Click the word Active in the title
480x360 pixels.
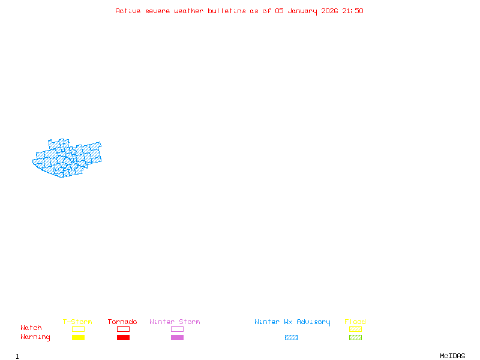(128, 11)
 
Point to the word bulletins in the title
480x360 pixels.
(227, 11)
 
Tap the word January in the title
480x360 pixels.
(302, 11)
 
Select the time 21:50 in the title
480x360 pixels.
(353, 11)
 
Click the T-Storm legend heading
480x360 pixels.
(77, 322)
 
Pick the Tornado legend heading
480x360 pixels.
(122, 322)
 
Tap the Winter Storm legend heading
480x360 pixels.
(175, 322)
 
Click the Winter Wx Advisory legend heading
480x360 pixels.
(292, 322)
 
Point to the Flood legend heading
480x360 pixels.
(355, 322)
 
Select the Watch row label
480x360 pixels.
(31, 328)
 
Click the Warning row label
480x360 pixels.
(35, 337)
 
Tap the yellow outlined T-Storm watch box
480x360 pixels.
(78, 329)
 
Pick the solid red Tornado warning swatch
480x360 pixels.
(123, 337)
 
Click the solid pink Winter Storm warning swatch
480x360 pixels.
(177, 337)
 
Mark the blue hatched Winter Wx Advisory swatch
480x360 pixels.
(291, 337)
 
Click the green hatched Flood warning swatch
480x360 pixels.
(355, 337)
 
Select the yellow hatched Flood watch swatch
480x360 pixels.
(355, 329)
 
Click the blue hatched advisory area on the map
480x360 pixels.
(66, 159)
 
